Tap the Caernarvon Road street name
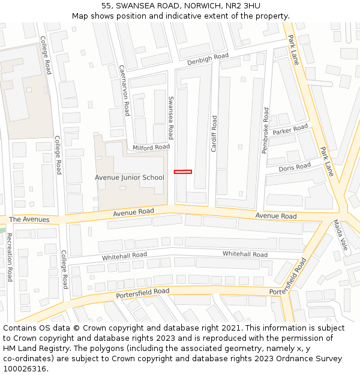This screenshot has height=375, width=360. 124,90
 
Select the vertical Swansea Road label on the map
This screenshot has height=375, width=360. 170,118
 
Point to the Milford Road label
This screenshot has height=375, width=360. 151,147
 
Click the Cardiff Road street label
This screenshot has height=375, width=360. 214,133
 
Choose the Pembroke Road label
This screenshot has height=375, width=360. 266,130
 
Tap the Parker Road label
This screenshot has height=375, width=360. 290,130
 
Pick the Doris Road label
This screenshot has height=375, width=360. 295,167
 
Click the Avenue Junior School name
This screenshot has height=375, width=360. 129,178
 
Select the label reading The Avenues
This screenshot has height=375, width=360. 29,220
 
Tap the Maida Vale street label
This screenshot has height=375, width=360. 340,235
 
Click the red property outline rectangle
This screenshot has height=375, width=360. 183,172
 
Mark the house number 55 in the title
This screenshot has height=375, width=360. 107,5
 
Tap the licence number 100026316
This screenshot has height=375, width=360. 25,369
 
